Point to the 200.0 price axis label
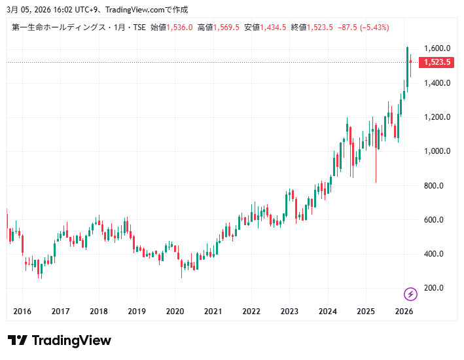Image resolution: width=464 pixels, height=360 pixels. [x=434, y=288]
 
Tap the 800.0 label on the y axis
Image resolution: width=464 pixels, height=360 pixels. [x=434, y=186]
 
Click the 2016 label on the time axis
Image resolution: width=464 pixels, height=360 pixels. [x=22, y=312]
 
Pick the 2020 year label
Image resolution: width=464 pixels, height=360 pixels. [x=175, y=312]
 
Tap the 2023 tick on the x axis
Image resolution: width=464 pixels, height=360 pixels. [x=289, y=312]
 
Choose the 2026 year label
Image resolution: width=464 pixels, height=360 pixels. [x=404, y=312]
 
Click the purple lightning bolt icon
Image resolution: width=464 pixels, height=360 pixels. [x=410, y=294]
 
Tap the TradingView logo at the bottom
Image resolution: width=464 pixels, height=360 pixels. [x=59, y=340]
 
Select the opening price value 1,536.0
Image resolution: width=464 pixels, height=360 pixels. [x=179, y=27]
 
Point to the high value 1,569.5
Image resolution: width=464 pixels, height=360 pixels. [x=226, y=27]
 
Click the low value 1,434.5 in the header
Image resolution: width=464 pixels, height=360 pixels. [x=274, y=27]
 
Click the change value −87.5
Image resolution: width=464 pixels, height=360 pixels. [x=347, y=27]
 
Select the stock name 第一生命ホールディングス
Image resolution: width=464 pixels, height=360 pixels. [x=58, y=27]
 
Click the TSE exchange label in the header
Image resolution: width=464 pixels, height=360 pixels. [x=139, y=27]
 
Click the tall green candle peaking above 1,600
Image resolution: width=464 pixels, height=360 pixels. [x=407, y=65]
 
